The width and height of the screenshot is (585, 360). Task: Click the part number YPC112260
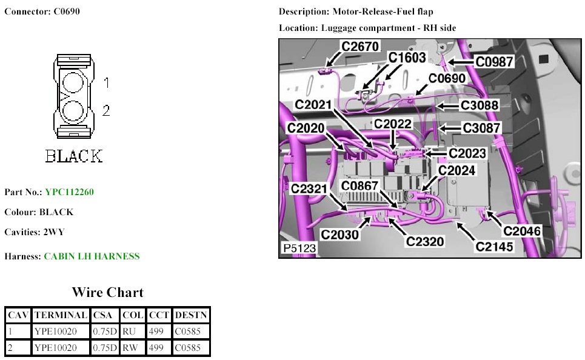pyautogui.click(x=69, y=192)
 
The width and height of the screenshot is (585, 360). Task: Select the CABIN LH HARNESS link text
pyautogui.click(x=92, y=256)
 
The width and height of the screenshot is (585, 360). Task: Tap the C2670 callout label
pyautogui.click(x=359, y=46)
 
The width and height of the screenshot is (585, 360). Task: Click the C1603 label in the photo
pyautogui.click(x=407, y=58)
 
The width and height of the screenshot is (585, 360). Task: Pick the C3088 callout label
pyautogui.click(x=480, y=105)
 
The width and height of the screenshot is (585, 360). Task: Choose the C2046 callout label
pyautogui.click(x=522, y=230)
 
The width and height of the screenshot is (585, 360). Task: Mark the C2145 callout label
pyautogui.click(x=495, y=247)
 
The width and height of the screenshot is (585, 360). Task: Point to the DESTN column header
pyautogui.click(x=191, y=315)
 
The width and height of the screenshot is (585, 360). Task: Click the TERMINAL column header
pyautogui.click(x=61, y=315)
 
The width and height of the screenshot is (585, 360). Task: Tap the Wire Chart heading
pyautogui.click(x=107, y=293)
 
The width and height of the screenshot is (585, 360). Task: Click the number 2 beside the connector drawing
pyautogui.click(x=105, y=110)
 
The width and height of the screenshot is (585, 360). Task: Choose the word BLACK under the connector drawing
pyautogui.click(x=74, y=156)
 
